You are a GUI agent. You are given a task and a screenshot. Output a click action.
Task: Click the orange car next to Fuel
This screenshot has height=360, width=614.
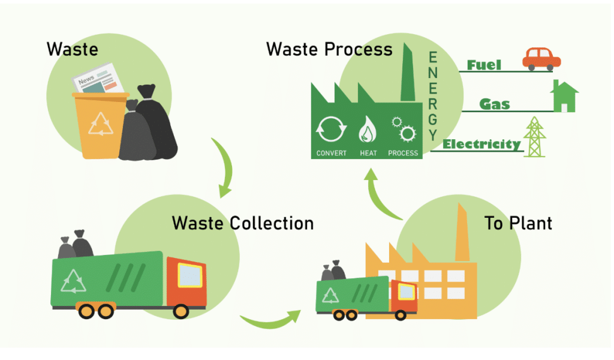click(541, 59)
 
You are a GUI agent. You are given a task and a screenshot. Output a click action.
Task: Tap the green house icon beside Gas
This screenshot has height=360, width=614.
click(564, 97)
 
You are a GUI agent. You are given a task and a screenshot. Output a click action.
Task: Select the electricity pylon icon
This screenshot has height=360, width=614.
click(534, 137)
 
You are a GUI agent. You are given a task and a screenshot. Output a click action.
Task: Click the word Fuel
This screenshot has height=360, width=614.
click(484, 65)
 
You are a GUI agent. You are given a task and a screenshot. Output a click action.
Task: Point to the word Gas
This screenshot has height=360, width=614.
click(495, 104)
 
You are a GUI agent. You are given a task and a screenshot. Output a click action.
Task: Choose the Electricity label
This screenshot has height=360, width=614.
click(481, 144)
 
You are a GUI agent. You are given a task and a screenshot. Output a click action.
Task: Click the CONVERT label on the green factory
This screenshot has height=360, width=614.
click(332, 153)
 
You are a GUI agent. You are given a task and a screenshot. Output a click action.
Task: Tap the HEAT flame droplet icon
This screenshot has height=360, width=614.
click(368, 128)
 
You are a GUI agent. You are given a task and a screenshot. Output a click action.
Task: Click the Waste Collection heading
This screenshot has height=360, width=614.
click(242, 223)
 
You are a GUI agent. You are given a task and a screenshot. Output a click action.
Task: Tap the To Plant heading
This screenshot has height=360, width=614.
click(518, 223)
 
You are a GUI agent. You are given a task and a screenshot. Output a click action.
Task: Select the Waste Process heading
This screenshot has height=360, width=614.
click(329, 49)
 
